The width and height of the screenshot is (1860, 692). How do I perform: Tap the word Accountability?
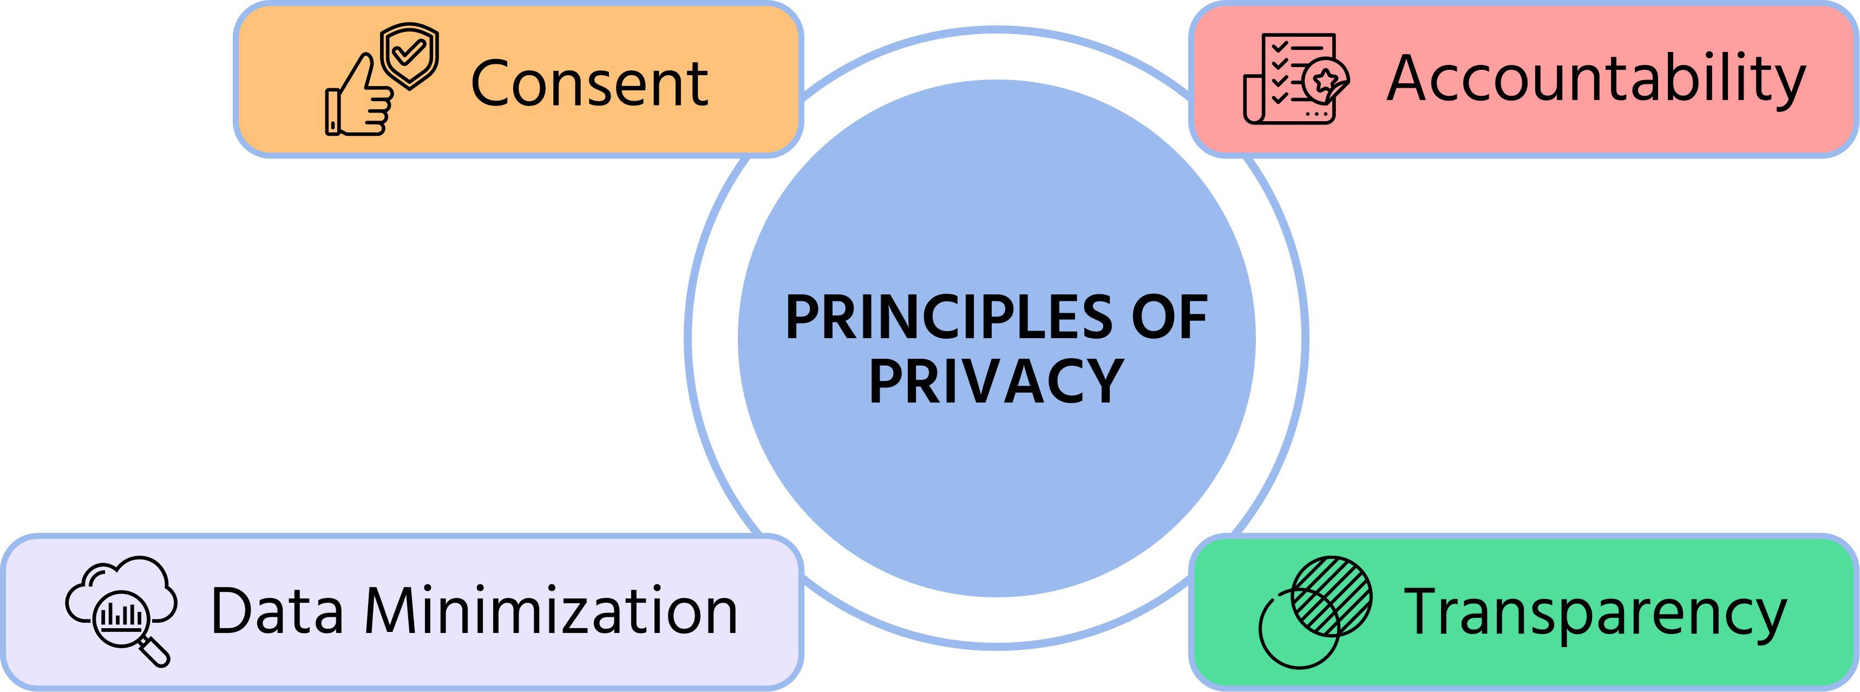(x=1596, y=80)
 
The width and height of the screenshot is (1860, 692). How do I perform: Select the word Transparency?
(x=1595, y=614)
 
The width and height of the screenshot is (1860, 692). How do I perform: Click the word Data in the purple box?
(x=277, y=611)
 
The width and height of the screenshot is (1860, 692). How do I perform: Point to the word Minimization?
(x=551, y=611)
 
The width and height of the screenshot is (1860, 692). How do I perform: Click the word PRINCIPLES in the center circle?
(x=949, y=318)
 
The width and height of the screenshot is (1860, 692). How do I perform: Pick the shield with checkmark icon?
(x=409, y=54)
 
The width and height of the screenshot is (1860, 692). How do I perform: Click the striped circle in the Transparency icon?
(x=1332, y=595)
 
